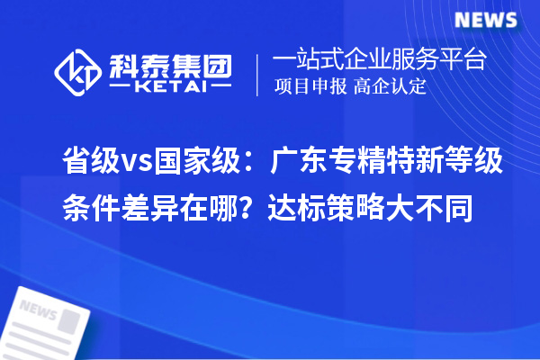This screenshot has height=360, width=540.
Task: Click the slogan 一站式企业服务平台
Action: click(380, 60)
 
